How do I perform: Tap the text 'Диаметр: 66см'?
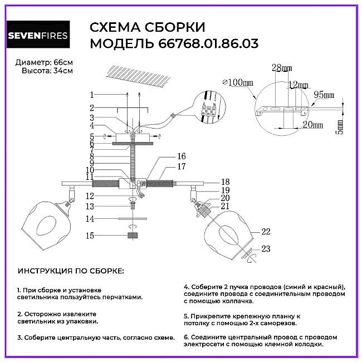(x=45, y=62)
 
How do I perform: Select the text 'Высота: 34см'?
(x=47, y=71)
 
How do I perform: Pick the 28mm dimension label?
(x=282, y=68)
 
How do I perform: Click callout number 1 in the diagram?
(x=92, y=95)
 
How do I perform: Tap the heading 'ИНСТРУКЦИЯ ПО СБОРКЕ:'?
(x=71, y=271)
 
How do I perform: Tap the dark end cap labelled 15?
(x=133, y=236)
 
